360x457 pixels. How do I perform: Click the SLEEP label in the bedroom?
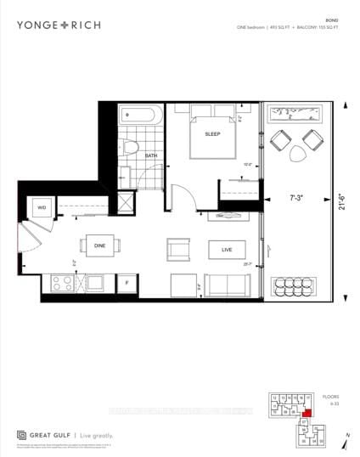pos(212,134)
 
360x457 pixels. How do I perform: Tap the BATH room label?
pos(151,156)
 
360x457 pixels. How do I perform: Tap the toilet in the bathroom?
pos(130,147)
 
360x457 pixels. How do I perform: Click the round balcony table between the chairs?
pos(298,152)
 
